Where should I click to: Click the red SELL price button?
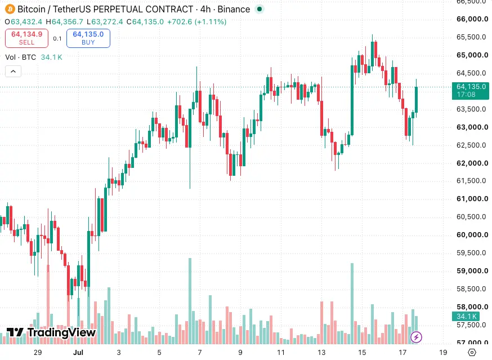(26, 38)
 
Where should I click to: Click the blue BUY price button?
(88, 38)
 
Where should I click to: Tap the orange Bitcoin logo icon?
(10, 9)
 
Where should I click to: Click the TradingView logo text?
(51, 332)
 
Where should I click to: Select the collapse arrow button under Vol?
(13, 72)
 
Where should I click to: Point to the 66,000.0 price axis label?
(472, 19)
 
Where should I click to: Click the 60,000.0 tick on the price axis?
(472, 235)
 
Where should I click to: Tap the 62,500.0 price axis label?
(471, 145)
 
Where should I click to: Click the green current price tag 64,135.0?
(471, 91)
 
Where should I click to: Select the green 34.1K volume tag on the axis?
(466, 316)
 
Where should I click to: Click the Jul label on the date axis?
(78, 353)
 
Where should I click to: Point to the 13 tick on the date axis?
(321, 353)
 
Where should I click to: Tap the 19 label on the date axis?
(443, 353)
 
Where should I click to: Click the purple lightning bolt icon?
(417, 337)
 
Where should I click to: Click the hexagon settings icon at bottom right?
(472, 353)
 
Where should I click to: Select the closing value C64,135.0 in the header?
(145, 21)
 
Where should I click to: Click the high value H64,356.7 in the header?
(64, 21)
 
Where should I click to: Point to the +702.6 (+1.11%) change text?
(196, 21)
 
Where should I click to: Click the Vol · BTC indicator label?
(20, 57)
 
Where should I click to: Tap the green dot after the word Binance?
(260, 9)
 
